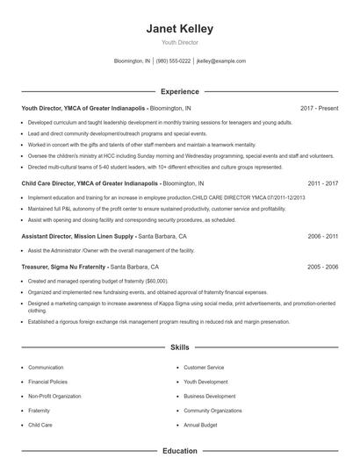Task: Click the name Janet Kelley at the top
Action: (x=179, y=28)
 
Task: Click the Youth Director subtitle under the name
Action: (x=179, y=42)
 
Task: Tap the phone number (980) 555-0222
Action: (x=173, y=61)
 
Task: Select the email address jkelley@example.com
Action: (x=221, y=61)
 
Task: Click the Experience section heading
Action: (x=179, y=91)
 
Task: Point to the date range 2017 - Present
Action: (x=319, y=108)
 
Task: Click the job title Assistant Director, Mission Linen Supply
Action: (x=77, y=237)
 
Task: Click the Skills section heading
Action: (x=179, y=347)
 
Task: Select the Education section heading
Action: (x=179, y=451)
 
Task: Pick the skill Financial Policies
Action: (x=48, y=382)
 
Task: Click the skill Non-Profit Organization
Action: (x=54, y=396)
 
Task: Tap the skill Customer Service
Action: (x=204, y=368)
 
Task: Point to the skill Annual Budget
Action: (x=200, y=425)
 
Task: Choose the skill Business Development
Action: (x=210, y=396)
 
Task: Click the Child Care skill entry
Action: (x=40, y=425)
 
